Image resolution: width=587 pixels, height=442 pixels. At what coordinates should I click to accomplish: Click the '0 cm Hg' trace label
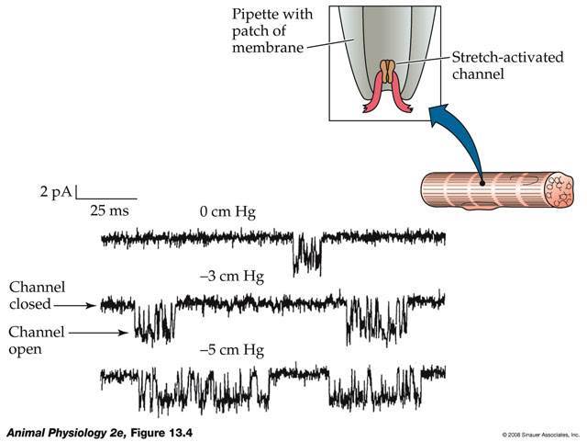227,213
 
